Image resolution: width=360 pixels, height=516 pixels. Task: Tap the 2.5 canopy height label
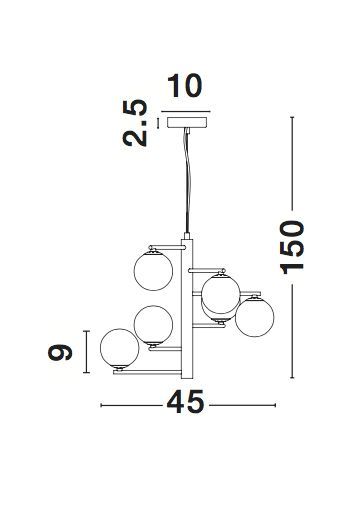(139, 121)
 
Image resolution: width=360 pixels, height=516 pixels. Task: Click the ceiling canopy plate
(186, 122)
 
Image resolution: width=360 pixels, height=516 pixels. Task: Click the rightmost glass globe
(254, 317)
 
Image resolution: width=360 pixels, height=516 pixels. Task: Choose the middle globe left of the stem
(154, 324)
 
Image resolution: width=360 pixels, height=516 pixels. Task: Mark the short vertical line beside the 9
(88, 353)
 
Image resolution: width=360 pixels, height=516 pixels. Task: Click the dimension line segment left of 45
(131, 403)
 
